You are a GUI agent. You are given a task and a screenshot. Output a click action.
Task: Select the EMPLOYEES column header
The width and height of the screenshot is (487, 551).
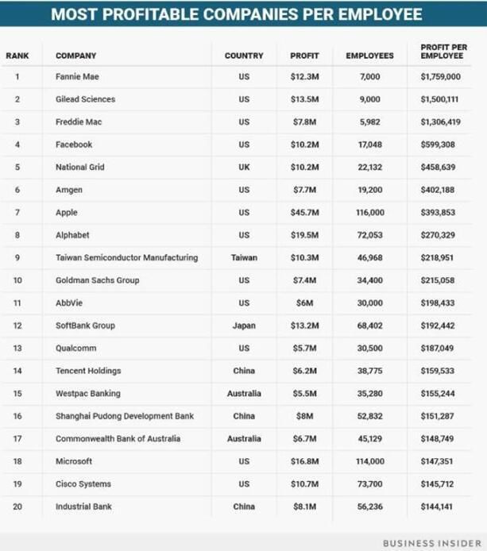pyautogui.click(x=369, y=56)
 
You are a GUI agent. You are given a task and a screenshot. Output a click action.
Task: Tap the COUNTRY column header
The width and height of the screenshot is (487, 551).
pyautogui.click(x=244, y=56)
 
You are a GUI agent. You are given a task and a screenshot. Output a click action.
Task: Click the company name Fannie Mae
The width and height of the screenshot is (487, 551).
pyautogui.click(x=77, y=77)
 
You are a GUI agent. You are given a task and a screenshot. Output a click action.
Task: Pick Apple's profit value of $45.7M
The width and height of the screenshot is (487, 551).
pyautogui.click(x=304, y=213)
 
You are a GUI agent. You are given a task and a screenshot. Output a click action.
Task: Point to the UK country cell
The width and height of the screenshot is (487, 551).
pyautogui.click(x=244, y=168)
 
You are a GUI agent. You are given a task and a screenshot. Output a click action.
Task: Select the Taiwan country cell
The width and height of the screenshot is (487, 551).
pyautogui.click(x=244, y=258)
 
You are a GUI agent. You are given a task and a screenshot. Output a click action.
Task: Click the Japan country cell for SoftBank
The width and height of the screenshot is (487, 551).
pyautogui.click(x=244, y=326)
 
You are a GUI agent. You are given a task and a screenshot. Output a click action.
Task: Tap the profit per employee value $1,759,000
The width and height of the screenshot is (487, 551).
pyautogui.click(x=440, y=77)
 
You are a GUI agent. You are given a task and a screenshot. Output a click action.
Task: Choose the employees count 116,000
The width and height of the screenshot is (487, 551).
pyautogui.click(x=369, y=213)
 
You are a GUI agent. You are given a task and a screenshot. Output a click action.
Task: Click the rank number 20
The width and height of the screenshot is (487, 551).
pyautogui.click(x=17, y=507)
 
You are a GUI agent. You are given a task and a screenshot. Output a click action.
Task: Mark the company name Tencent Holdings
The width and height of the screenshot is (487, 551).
pyautogui.click(x=87, y=371)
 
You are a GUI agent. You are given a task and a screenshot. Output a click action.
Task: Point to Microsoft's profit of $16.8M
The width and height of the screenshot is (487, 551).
pyautogui.click(x=304, y=461)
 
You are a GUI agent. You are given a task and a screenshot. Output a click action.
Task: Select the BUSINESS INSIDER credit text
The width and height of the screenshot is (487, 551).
pyautogui.click(x=432, y=542)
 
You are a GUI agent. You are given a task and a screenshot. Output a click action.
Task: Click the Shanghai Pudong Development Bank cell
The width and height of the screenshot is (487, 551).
pyautogui.click(x=124, y=416)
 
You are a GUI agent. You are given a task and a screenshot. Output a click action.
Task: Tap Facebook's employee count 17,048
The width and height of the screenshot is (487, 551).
pyautogui.click(x=369, y=144)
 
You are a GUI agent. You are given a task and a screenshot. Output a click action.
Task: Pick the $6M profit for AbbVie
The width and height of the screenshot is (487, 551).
pyautogui.click(x=304, y=303)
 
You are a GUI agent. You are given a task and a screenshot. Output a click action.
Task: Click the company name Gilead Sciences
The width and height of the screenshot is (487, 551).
pyautogui.click(x=85, y=99)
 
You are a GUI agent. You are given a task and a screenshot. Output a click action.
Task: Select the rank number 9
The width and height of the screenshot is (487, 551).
pyautogui.click(x=17, y=258)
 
